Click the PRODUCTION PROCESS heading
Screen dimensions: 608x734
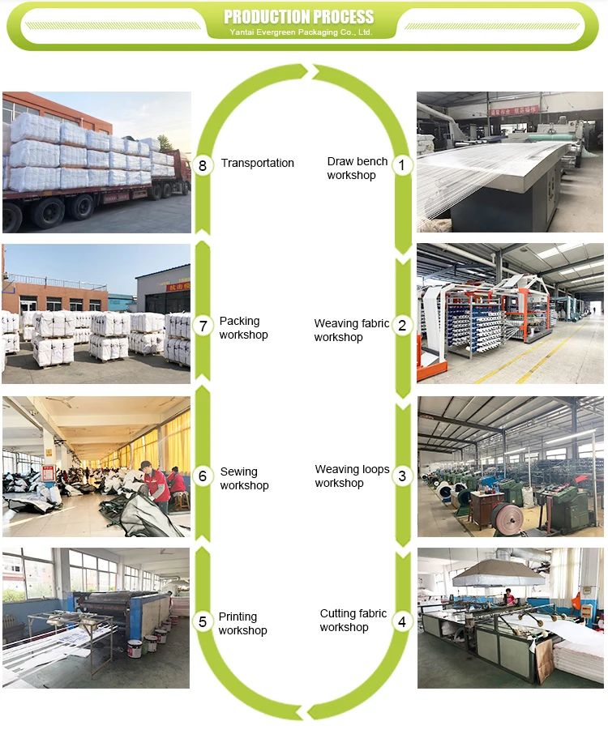click(x=299, y=17)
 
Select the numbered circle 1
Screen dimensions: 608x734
click(x=402, y=165)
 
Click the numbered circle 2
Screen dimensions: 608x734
click(x=402, y=326)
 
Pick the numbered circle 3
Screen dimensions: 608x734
click(x=402, y=476)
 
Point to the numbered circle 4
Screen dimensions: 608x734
click(x=402, y=621)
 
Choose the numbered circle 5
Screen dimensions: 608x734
click(x=203, y=621)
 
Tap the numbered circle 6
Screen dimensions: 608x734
click(x=203, y=476)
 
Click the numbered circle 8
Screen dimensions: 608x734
click(x=203, y=165)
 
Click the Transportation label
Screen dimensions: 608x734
click(x=257, y=163)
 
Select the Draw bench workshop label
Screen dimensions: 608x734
click(x=357, y=169)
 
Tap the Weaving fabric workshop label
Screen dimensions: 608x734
click(x=351, y=331)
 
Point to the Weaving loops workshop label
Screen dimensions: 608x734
click(x=352, y=476)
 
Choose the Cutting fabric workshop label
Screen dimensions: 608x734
click(x=353, y=621)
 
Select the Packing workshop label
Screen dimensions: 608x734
click(x=243, y=328)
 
